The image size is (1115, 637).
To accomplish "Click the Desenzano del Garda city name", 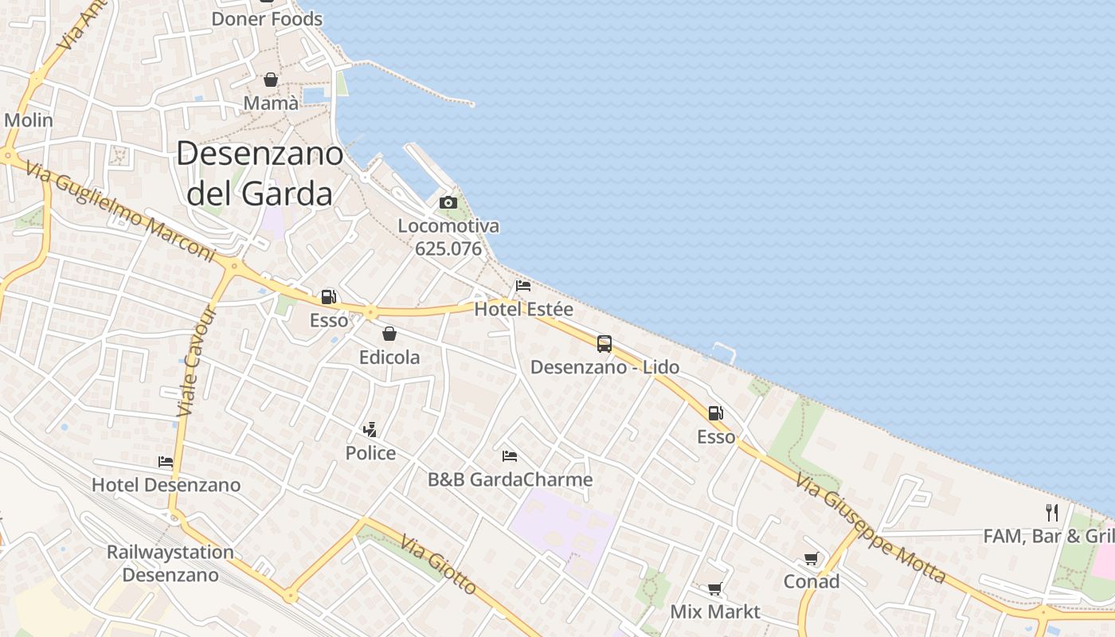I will coord(259,173).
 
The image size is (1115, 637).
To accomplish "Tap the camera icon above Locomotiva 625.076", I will coord(448,203).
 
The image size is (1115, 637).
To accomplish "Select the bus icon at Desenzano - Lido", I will coord(604,344).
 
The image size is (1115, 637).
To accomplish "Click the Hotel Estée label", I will coord(523,309).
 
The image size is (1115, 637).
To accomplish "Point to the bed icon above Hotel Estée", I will coord(523,286).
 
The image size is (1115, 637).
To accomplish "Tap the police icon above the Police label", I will coord(370,431).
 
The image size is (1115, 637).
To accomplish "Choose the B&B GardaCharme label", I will coord(510,479).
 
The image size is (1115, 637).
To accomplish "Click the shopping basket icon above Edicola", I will coord(389,334).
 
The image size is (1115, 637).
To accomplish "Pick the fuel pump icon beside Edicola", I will coord(328,297).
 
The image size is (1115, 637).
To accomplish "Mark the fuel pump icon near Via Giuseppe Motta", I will coord(716,413).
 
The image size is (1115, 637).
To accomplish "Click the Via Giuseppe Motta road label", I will coord(871,527).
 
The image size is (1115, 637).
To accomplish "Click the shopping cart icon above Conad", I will coord(811,559).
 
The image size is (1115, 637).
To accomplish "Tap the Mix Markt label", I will coord(715,612).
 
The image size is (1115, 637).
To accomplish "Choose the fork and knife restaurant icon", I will coord(1052,512).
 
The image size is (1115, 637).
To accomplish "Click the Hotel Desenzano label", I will coord(166,484).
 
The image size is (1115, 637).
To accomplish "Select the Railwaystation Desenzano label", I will coord(170,563).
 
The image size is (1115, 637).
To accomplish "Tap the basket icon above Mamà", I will coord(271,80).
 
